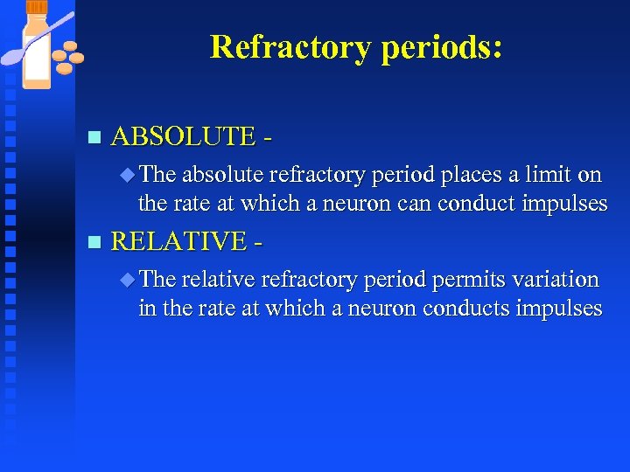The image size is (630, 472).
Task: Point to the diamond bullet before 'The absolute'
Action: (x=128, y=175)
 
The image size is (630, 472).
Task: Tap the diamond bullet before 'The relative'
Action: (x=128, y=280)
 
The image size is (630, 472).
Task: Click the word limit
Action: (x=548, y=175)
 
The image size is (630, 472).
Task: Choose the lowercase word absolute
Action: (x=222, y=175)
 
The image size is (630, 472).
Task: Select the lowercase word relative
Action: (x=220, y=280)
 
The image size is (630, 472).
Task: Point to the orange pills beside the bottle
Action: (x=67, y=58)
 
